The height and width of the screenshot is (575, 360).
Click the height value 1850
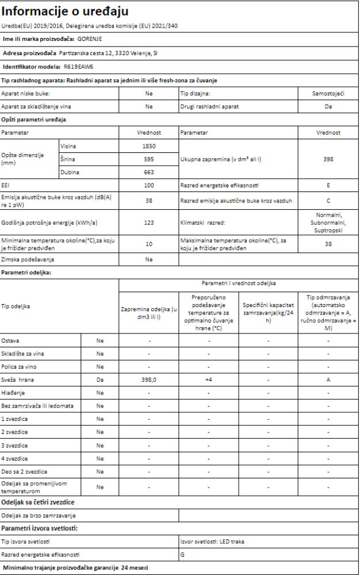(x=149, y=146)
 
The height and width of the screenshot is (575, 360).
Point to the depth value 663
(x=149, y=171)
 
